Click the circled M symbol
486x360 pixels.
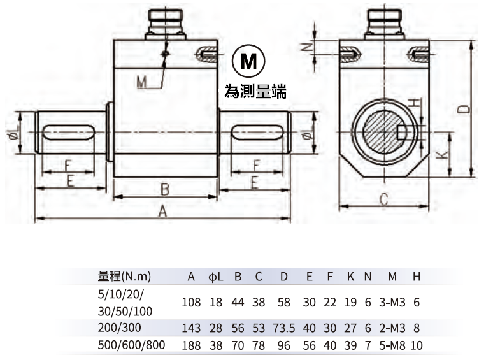248,62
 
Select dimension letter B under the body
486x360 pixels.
164,189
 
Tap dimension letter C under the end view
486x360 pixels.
383,199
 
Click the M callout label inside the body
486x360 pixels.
141,82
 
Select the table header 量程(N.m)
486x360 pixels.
124,277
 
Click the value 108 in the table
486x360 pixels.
191,302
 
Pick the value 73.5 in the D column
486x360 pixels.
284,328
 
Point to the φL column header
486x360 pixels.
216,277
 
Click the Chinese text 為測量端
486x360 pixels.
255,92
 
